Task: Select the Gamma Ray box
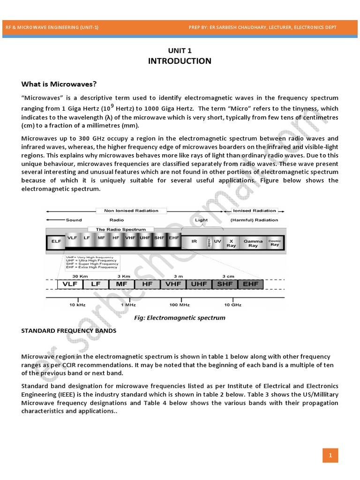pos(253,242)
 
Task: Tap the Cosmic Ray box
pos(275,242)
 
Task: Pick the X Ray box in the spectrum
pos(231,242)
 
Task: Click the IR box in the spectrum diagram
pos(194,241)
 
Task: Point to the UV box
pos(217,241)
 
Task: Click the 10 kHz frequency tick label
pos(77,305)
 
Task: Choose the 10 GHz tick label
pos(232,305)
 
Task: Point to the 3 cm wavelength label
pos(228,276)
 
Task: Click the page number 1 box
pos(330,455)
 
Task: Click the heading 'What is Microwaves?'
pos(59,84)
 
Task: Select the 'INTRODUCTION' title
pos(180,61)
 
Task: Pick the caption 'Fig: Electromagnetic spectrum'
pos(180,317)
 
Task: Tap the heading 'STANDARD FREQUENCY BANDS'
pos(69,330)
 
